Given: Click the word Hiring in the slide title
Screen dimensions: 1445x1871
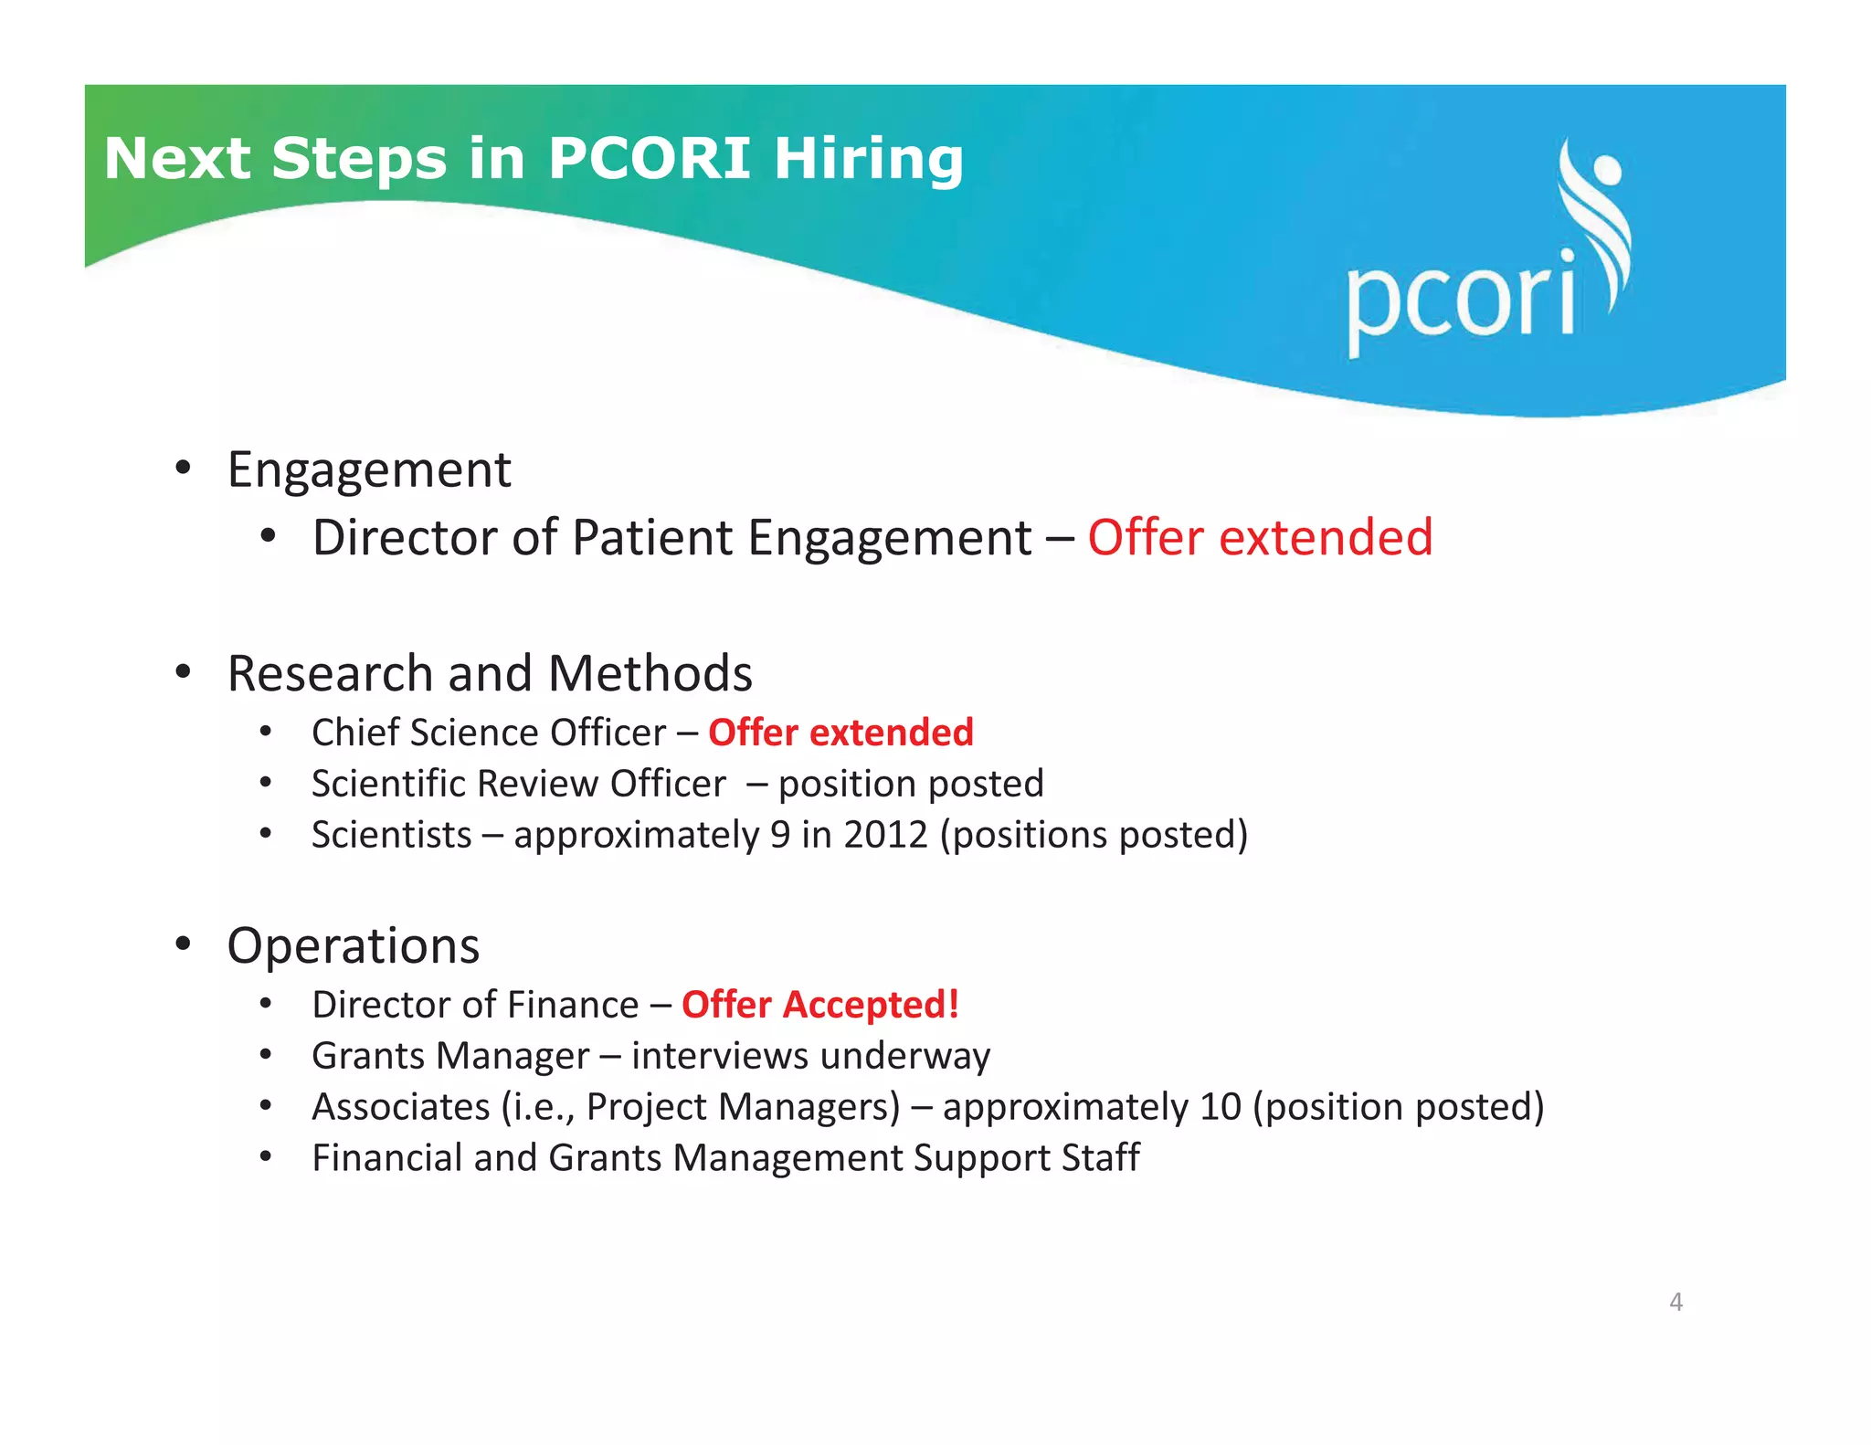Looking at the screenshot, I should click(869, 159).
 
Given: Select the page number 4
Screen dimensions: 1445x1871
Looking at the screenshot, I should click(1675, 1302).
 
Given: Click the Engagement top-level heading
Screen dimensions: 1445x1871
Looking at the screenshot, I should click(368, 470).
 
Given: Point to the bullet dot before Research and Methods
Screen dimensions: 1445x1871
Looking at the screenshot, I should click(184, 672).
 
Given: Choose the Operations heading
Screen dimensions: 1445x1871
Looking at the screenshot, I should click(353, 945).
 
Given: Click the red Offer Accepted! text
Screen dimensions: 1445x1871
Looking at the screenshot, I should click(819, 1005).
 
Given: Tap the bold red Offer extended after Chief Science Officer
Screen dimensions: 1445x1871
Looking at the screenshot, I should click(840, 733).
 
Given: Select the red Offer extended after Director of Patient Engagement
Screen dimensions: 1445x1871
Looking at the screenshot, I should click(1259, 537).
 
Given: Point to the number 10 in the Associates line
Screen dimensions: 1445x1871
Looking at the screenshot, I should click(1220, 1107).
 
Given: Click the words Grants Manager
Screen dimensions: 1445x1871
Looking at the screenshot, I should click(450, 1056).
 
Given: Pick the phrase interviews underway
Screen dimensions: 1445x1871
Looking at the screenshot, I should click(810, 1056).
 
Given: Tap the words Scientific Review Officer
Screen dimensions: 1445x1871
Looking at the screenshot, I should click(518, 784).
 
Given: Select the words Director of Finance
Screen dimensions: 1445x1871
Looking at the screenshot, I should click(475, 1005).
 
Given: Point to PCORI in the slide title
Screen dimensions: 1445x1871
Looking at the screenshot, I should click(649, 159).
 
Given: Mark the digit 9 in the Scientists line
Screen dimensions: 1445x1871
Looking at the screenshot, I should click(779, 835).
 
